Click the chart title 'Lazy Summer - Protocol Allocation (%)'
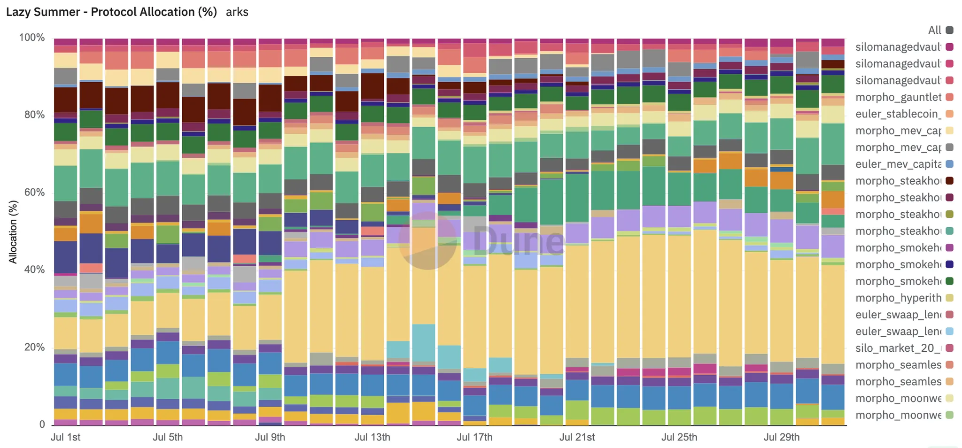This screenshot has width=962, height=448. tap(111, 12)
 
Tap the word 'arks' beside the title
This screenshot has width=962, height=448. tap(237, 12)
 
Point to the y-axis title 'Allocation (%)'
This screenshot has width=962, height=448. tap(13, 232)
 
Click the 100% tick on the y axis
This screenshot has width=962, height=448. tap(32, 38)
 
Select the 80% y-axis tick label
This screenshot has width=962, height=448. tap(34, 115)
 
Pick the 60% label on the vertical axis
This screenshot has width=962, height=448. tap(34, 193)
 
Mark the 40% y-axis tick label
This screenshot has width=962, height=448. tap(34, 270)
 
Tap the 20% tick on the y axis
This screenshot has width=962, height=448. tap(34, 348)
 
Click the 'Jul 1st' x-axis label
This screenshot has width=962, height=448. tap(65, 437)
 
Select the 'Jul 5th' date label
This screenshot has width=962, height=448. tap(168, 437)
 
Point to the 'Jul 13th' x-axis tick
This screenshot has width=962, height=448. tap(372, 437)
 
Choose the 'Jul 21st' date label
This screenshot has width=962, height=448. tap(577, 437)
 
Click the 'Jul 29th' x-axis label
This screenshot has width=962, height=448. tap(782, 437)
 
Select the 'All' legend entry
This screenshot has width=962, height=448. tap(935, 30)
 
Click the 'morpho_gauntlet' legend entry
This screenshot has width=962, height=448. tap(898, 97)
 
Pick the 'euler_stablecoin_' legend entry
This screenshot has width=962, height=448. tap(898, 114)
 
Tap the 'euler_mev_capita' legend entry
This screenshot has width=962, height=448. tap(898, 164)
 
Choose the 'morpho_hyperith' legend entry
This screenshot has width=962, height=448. tap(898, 298)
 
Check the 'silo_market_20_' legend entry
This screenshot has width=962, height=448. tap(898, 348)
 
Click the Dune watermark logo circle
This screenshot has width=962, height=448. tap(427, 241)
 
